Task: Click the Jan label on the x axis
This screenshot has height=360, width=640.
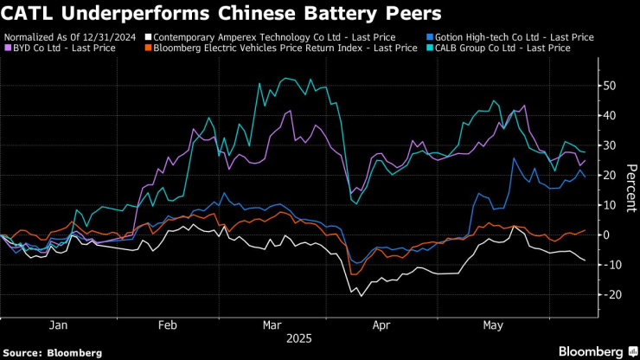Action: point(58,325)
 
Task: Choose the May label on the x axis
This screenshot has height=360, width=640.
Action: point(493,325)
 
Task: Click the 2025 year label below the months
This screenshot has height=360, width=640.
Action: point(299,338)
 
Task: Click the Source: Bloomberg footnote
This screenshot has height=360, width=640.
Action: point(53,352)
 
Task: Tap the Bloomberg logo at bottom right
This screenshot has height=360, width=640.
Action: point(590,351)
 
